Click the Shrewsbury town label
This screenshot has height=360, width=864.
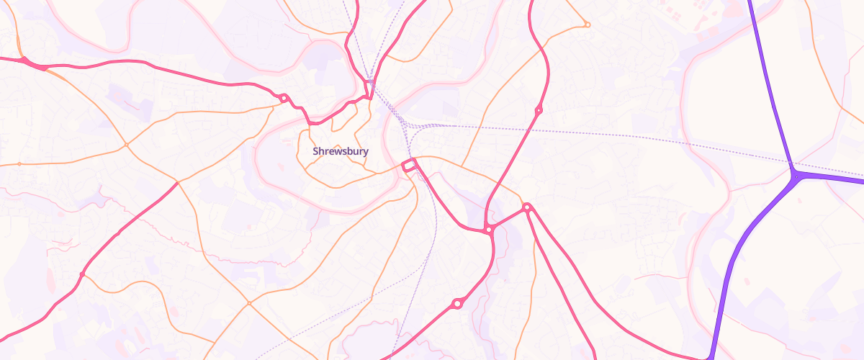pyautogui.click(x=341, y=151)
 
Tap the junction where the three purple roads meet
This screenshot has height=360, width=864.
pyautogui.click(x=795, y=174)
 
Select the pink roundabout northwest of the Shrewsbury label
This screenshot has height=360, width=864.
pyautogui.click(x=284, y=98)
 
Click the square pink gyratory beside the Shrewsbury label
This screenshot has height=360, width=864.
pyautogui.click(x=409, y=166)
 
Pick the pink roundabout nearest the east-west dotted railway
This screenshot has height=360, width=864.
pyautogui.click(x=539, y=110)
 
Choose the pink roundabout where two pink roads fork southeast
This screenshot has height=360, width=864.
pyautogui.click(x=527, y=207)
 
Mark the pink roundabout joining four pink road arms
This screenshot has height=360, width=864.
pyautogui.click(x=489, y=230)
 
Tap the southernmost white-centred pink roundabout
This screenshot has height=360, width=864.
pyautogui.click(x=456, y=305)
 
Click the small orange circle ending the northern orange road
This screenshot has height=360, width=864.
pyautogui.click(x=587, y=25)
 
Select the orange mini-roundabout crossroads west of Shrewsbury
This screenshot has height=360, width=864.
pyautogui.click(x=126, y=145)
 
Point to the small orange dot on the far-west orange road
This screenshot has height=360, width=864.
pyautogui.click(x=19, y=164)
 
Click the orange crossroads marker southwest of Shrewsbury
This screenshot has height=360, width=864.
pyautogui.click(x=249, y=303)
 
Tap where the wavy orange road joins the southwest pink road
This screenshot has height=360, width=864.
pyautogui.click(x=82, y=274)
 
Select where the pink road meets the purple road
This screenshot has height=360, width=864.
pyautogui.click(x=710, y=357)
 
